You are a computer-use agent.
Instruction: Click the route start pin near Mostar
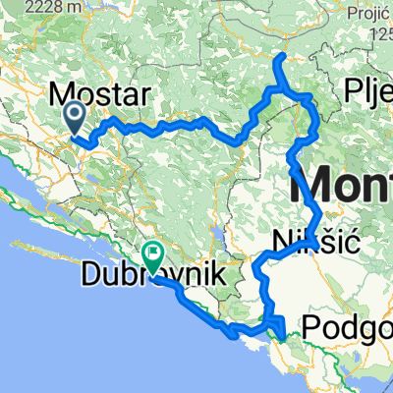click(x=76, y=119)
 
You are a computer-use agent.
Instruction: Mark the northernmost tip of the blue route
click(x=282, y=54)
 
